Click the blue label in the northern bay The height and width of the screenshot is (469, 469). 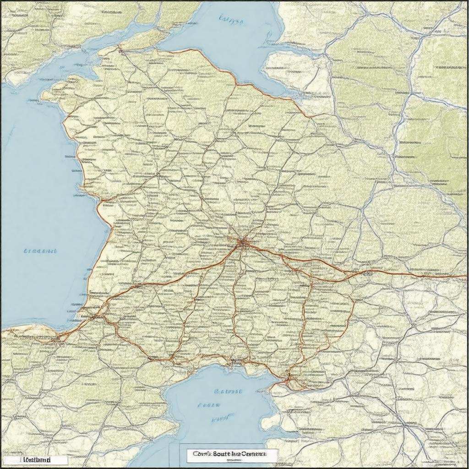[231, 19]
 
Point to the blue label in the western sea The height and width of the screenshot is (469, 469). [40, 251]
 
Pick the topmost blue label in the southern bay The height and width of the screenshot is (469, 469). [228, 392]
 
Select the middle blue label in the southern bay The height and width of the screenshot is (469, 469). [209, 405]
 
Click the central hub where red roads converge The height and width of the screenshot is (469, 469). [241, 244]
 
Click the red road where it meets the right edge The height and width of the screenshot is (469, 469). [466, 276]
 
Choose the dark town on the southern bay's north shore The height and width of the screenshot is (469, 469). [236, 362]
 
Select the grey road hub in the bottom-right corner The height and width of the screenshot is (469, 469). [406, 426]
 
